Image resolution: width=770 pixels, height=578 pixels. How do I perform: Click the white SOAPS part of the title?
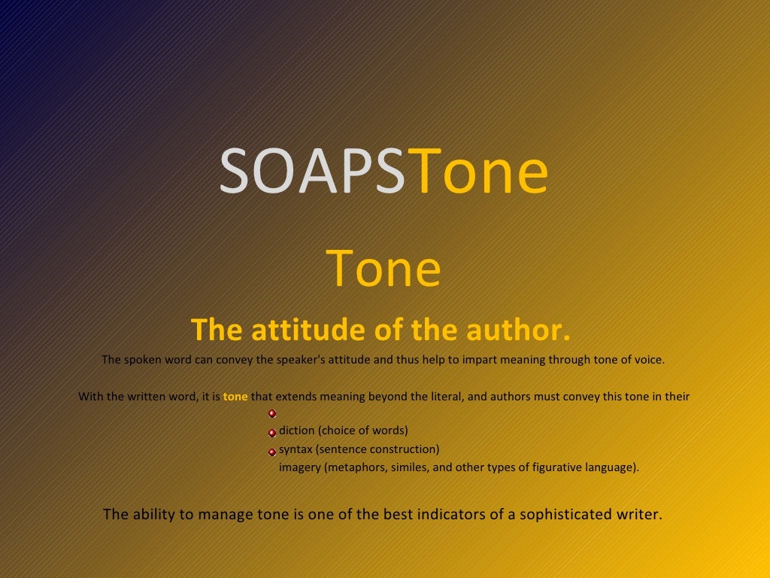tap(311, 172)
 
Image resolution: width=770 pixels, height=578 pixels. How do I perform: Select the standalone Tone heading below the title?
tap(383, 269)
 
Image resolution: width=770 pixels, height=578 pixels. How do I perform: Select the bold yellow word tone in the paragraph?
tap(235, 396)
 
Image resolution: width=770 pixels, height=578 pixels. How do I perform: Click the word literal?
tap(443, 396)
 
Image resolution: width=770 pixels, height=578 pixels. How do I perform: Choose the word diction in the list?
tap(296, 430)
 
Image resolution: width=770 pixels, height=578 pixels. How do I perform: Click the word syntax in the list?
tap(296, 449)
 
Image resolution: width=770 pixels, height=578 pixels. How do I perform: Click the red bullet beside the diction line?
tap(272, 433)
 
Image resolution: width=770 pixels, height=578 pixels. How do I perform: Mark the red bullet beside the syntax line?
tap(272, 452)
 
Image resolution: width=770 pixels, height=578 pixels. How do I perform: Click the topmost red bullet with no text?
tap(272, 413)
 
